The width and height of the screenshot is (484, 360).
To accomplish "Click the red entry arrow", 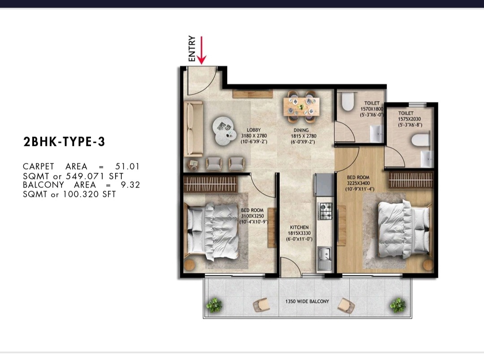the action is [201, 50].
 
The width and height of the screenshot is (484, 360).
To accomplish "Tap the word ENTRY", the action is [192, 49].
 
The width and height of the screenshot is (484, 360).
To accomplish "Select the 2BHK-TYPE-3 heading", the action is [64, 142].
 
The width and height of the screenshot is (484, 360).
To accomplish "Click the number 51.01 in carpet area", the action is [127, 167].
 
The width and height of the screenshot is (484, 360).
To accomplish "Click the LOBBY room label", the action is [254, 130].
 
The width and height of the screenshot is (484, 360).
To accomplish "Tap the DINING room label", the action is [301, 130].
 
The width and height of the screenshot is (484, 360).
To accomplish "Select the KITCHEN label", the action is [299, 227].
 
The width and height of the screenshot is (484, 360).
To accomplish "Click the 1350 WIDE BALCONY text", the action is [307, 301].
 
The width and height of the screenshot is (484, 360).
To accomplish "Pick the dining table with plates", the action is [302, 106].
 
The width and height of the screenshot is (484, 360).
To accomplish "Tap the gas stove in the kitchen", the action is [325, 211].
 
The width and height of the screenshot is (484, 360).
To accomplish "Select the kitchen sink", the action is [324, 258].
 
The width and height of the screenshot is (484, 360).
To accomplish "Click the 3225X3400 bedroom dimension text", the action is [358, 183].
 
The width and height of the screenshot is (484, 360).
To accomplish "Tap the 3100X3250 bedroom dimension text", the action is [252, 216].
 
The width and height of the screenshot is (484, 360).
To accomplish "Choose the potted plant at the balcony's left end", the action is [214, 305].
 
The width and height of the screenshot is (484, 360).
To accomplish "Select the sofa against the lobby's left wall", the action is [193, 129].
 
